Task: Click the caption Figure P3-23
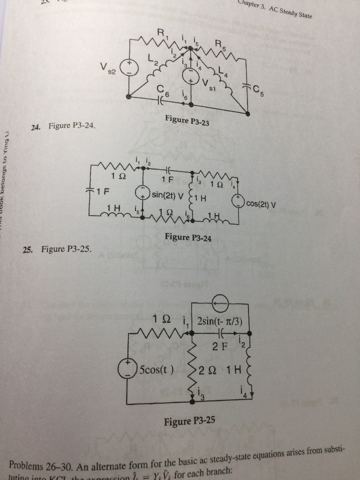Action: click(187, 121)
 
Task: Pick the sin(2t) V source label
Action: click(167, 193)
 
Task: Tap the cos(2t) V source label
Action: click(261, 204)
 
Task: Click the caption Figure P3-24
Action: click(188, 238)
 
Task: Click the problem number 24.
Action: click(35, 127)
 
